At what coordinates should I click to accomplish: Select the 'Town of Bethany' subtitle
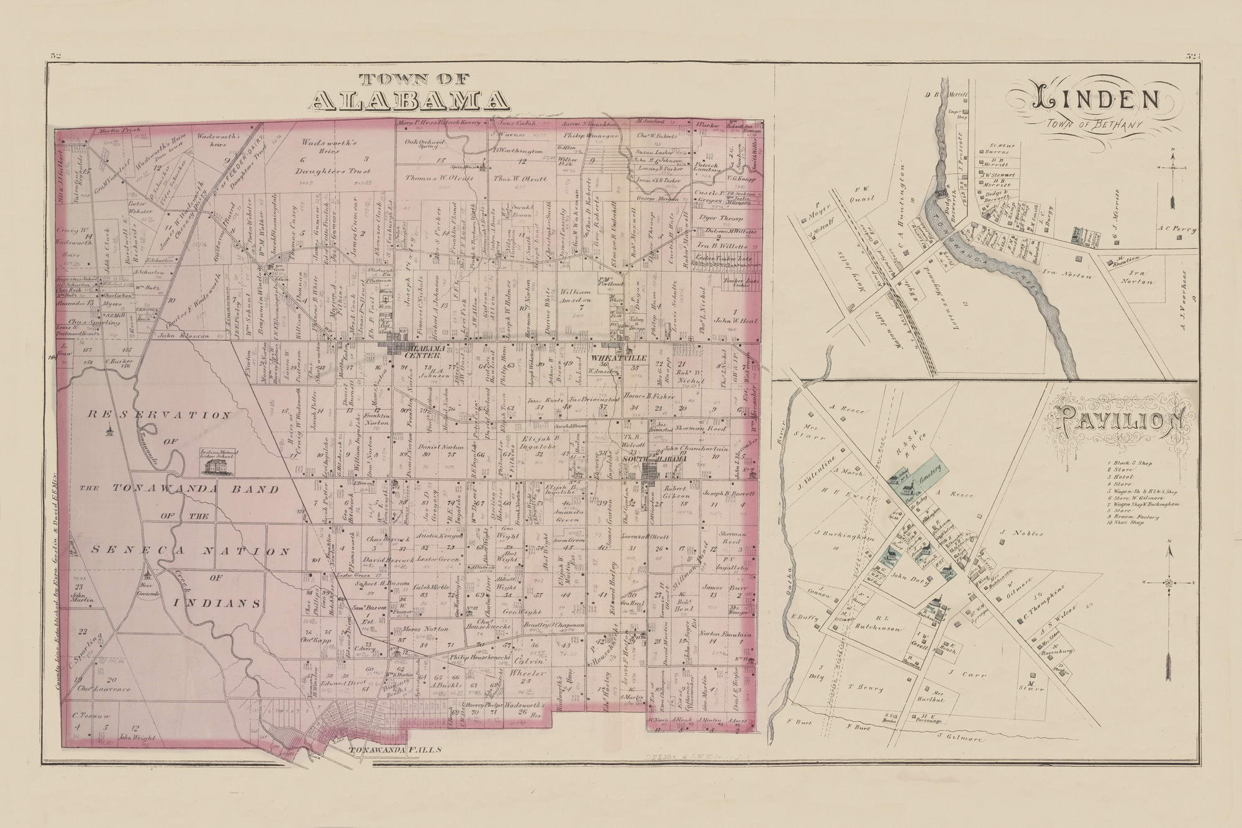coord(1098,127)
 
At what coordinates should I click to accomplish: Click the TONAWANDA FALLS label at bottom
coord(395,750)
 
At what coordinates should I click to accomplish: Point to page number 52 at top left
coord(55,56)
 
